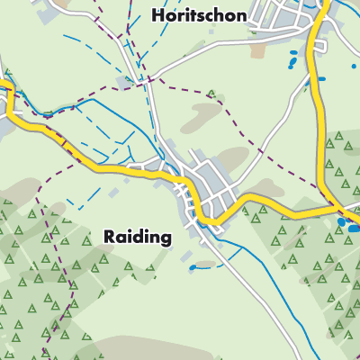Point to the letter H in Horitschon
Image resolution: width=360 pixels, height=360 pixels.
[x=160, y=15]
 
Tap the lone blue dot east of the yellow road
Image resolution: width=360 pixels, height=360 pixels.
[x=321, y=78]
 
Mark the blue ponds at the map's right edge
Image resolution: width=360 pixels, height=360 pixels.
[x=346, y=224]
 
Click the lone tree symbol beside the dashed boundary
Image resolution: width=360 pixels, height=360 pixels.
[x=211, y=94]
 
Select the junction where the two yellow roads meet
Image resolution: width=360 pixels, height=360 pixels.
[x=328, y=211]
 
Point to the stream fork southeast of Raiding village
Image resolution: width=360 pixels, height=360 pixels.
[x=221, y=241]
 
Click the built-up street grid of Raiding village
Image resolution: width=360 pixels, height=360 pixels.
[x=207, y=189]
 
